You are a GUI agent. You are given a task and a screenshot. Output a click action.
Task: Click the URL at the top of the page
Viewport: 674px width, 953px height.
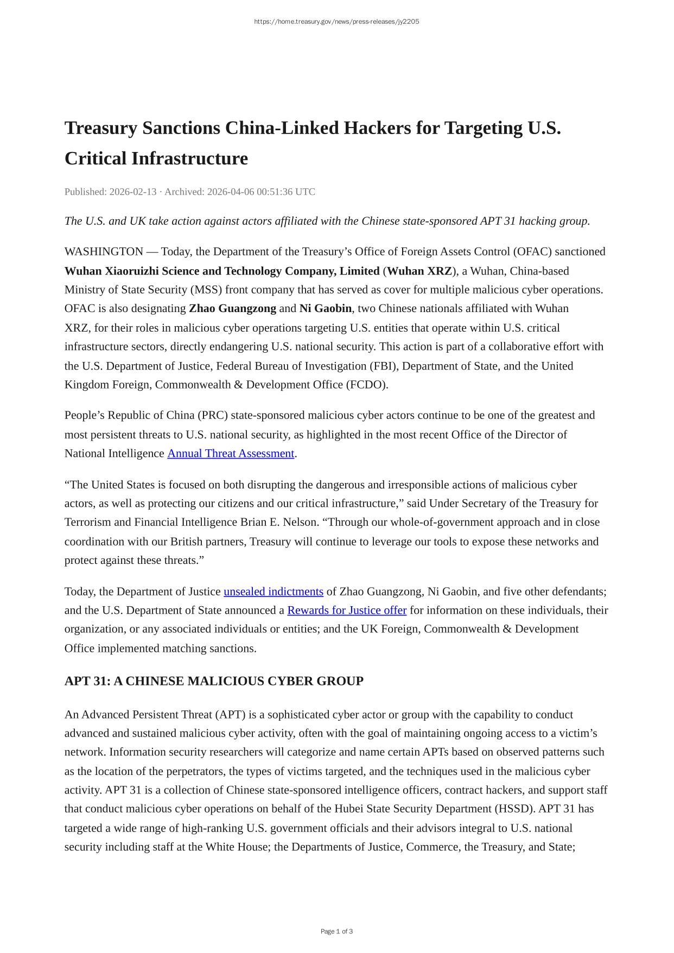click(x=336, y=22)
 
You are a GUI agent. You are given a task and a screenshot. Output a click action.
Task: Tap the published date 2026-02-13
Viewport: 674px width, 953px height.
click(x=133, y=192)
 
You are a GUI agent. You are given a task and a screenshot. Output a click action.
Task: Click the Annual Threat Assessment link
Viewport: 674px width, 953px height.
click(x=231, y=454)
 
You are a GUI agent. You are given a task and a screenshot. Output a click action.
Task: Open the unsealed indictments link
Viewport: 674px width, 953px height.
click(x=274, y=592)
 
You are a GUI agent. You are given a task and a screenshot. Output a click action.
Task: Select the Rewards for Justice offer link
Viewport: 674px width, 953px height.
click(x=347, y=611)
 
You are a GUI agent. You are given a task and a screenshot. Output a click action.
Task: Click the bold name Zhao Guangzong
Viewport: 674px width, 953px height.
click(x=232, y=309)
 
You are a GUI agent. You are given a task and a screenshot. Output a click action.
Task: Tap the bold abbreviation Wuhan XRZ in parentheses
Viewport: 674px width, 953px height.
click(x=419, y=271)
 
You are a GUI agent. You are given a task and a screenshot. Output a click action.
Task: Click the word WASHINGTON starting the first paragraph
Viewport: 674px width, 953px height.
click(x=104, y=252)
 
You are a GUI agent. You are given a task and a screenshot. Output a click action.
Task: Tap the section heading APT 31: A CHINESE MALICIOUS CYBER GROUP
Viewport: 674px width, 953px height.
click(x=214, y=681)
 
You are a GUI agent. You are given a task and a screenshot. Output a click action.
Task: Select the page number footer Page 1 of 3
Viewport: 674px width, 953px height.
click(x=336, y=931)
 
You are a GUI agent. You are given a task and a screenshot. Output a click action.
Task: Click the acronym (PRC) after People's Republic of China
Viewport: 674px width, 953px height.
click(x=213, y=416)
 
